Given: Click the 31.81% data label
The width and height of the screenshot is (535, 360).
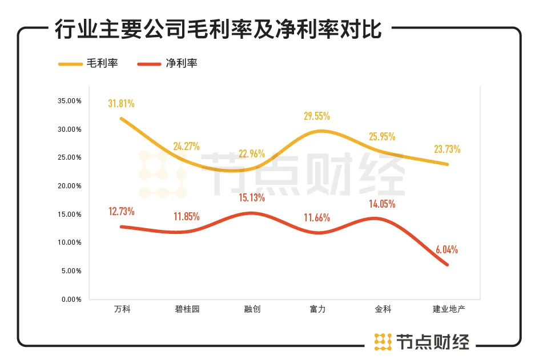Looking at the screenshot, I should pos(122,103).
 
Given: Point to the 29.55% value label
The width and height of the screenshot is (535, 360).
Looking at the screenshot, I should pos(317,116).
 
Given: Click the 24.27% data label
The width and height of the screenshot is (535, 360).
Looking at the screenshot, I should pos(187,146).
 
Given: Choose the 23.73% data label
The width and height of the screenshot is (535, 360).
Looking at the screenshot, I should pos(448,149).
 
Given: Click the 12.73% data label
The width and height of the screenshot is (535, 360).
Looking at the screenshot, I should pos(122,212).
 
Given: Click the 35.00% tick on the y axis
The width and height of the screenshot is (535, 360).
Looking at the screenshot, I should pos(70,101).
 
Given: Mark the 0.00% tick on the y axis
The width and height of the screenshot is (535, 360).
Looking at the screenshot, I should pos(71,299).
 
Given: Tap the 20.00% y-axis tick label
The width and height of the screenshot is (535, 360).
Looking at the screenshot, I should pos(70,186).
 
